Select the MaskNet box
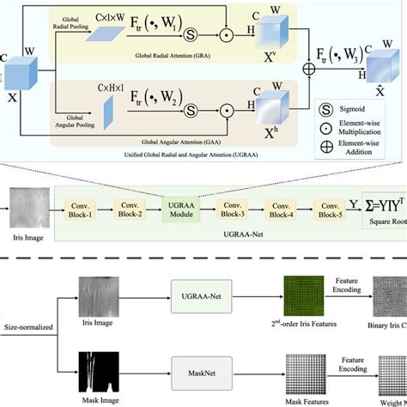click(x=196, y=374)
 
